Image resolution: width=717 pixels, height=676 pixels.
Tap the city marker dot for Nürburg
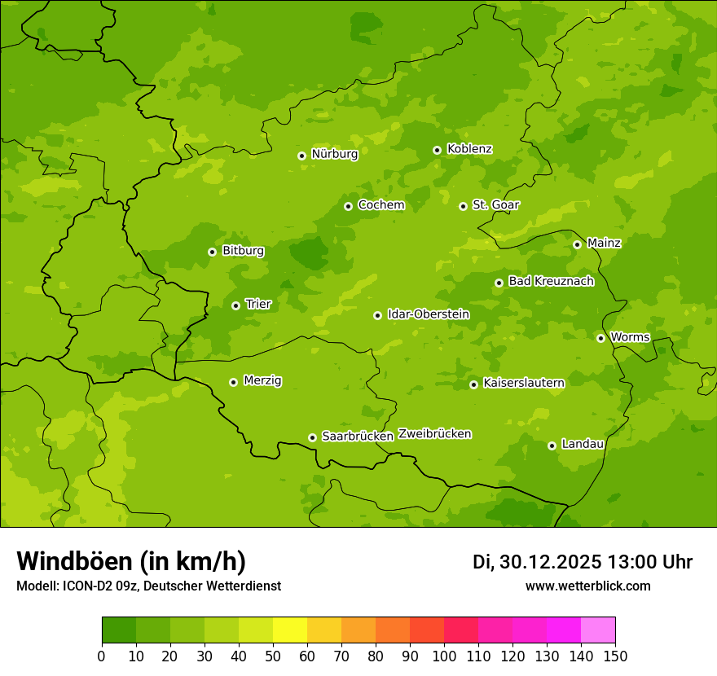click(x=301, y=156)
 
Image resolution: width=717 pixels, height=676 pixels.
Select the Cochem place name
click(x=380, y=205)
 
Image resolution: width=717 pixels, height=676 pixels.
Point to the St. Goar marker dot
click(x=463, y=206)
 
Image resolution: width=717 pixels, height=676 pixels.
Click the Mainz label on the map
click(x=604, y=243)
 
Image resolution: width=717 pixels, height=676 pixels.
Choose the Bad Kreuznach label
click(x=551, y=281)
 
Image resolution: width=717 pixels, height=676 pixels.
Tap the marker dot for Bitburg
click(x=212, y=252)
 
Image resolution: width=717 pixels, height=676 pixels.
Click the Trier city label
click(x=257, y=305)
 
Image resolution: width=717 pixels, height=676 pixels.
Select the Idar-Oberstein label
click(x=428, y=314)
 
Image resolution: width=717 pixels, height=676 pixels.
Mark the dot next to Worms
click(x=600, y=338)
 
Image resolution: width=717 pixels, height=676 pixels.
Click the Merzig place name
click(x=262, y=380)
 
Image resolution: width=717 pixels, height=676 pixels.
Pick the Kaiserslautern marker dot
click(x=473, y=384)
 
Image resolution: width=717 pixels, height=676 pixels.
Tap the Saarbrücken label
click(x=357, y=437)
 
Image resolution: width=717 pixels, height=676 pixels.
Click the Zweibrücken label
click(x=434, y=434)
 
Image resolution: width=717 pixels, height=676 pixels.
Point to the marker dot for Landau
click(x=552, y=446)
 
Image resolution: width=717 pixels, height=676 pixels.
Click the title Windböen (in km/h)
click(x=131, y=561)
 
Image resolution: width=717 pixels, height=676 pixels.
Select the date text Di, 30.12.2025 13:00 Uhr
click(x=583, y=562)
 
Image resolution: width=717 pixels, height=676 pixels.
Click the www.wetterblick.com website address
click(x=587, y=586)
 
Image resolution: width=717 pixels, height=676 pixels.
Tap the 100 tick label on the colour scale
click(x=444, y=656)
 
